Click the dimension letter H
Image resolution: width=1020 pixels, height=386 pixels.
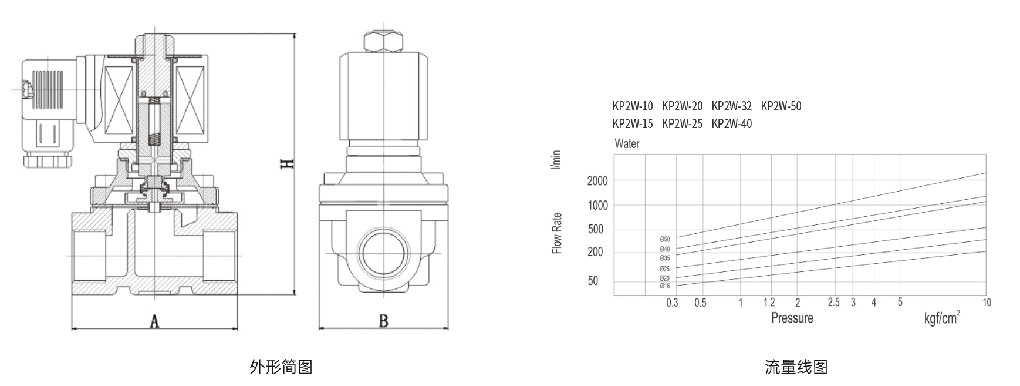click(287, 163)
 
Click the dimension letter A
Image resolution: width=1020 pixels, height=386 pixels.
click(154, 321)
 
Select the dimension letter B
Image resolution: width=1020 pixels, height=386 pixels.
click(383, 321)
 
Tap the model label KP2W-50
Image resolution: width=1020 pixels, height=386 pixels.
click(781, 106)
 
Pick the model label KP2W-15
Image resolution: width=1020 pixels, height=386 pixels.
click(632, 124)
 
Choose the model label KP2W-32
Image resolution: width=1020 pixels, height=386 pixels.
click(731, 106)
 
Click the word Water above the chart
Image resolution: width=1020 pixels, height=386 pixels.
click(627, 143)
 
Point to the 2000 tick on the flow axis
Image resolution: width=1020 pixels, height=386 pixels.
click(597, 181)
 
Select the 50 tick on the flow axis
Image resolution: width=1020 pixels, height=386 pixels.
click(593, 281)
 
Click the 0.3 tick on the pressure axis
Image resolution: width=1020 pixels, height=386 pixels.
click(672, 303)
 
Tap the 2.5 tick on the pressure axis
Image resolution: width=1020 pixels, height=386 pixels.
click(833, 303)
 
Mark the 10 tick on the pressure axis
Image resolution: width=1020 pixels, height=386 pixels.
click(987, 303)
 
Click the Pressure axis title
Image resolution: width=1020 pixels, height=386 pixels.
click(792, 318)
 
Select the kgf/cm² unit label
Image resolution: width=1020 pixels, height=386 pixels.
click(942, 318)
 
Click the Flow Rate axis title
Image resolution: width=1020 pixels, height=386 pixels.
click(557, 233)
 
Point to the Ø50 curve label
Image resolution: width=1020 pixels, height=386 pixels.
click(664, 239)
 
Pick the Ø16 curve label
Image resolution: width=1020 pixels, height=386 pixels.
click(664, 286)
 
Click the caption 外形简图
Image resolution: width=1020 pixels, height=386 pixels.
click(281, 367)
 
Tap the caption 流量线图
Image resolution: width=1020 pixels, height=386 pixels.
click(796, 367)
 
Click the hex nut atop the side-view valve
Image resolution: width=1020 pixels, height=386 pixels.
click(383, 42)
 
